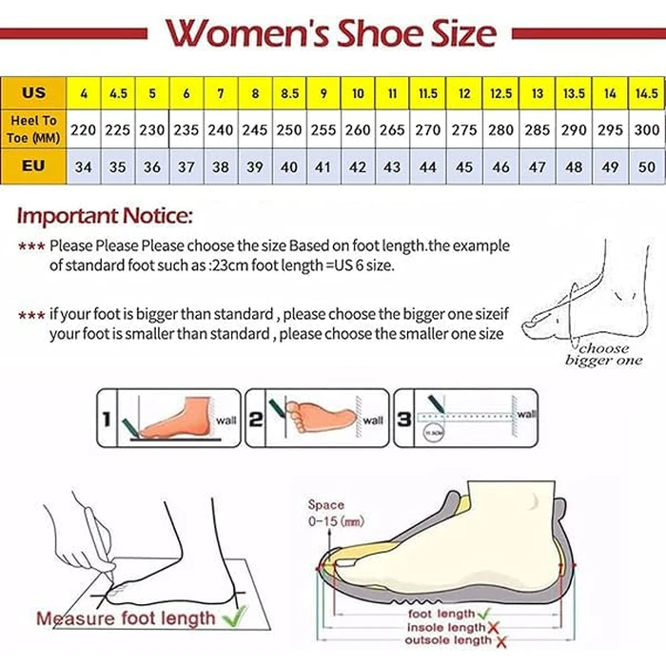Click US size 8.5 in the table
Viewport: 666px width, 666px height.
tap(288, 93)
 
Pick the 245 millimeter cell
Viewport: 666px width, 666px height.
tap(254, 129)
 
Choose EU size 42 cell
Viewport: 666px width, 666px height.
tap(358, 166)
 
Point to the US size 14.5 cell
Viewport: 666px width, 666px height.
tap(647, 93)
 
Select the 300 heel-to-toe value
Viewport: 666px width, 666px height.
tap(647, 129)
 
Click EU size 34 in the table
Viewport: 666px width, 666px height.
tap(85, 166)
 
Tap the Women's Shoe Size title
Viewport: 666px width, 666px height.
tap(331, 33)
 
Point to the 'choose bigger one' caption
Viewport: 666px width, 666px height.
tap(603, 354)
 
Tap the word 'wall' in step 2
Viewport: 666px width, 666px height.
tap(373, 419)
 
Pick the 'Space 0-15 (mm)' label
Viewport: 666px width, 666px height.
tap(328, 514)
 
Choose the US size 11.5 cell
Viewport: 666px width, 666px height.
tap(428, 93)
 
